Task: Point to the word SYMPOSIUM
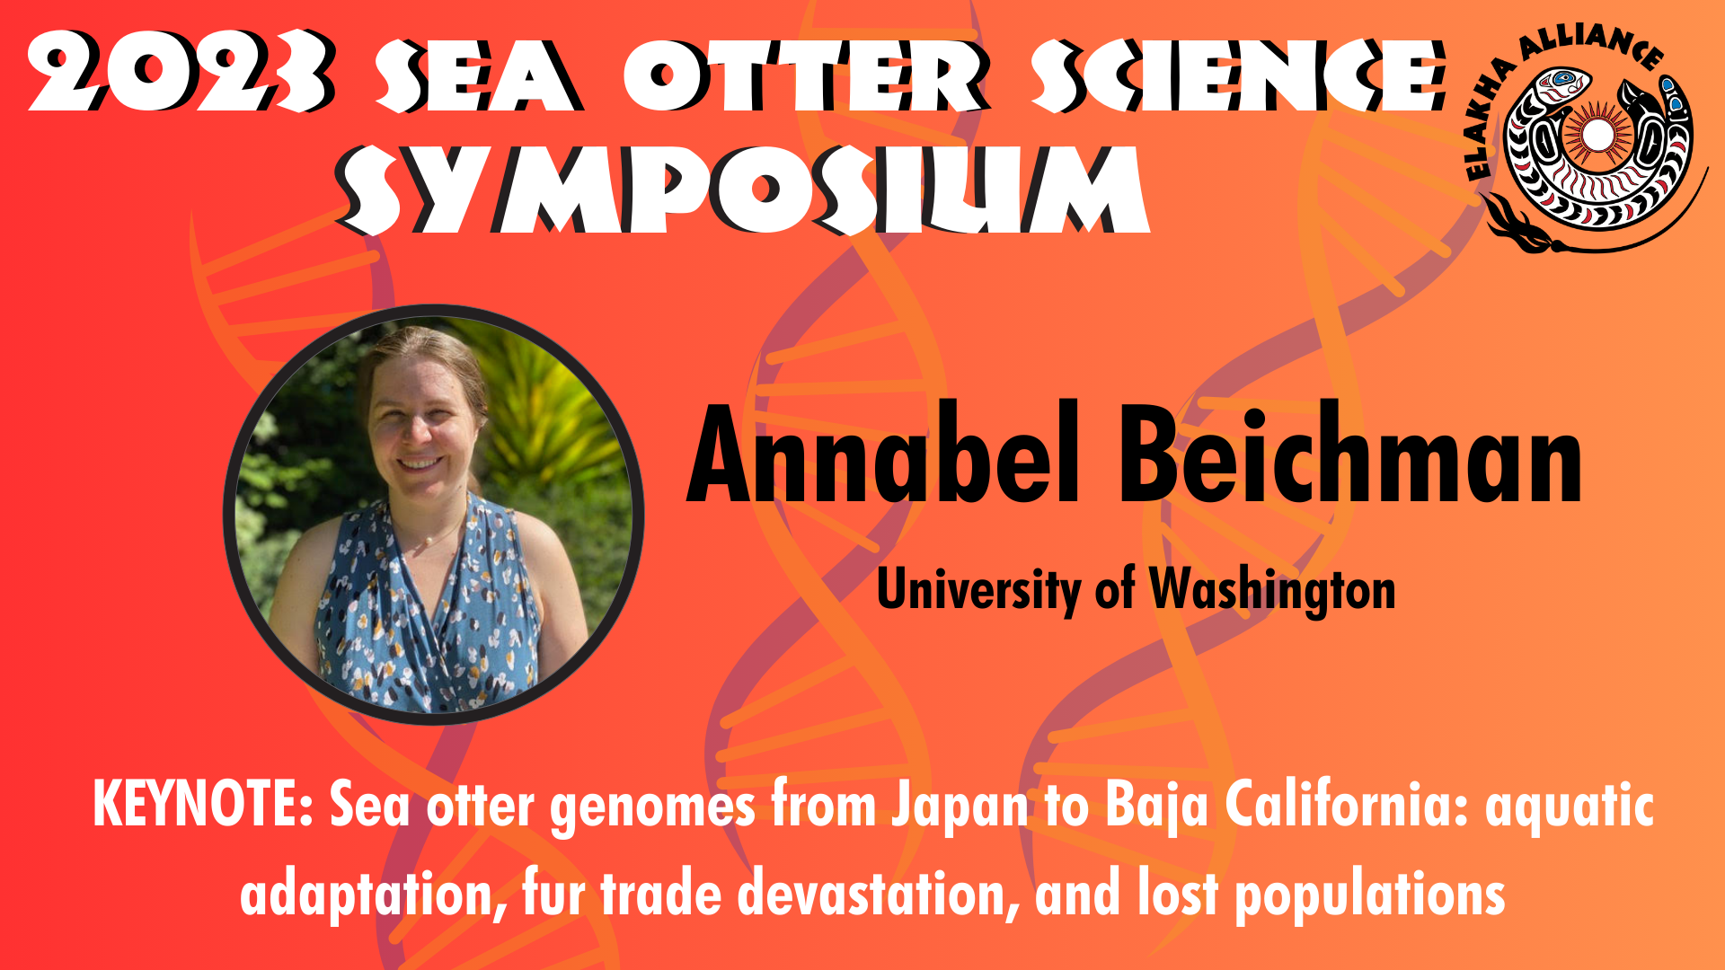(744, 190)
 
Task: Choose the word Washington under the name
(1273, 591)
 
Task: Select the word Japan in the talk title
(960, 807)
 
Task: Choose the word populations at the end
(1370, 896)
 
